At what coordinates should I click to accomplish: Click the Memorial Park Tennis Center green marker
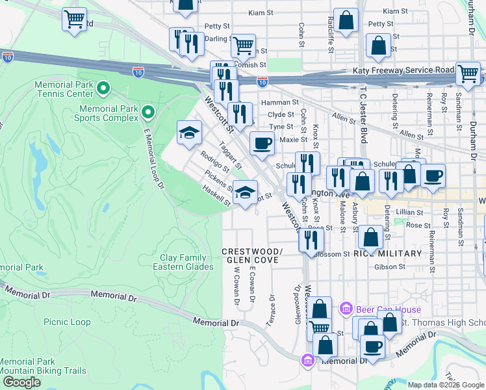(103, 87)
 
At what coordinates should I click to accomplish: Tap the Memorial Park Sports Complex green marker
(148, 113)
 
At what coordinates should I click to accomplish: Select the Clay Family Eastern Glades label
(183, 262)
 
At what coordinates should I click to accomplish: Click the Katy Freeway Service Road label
(403, 70)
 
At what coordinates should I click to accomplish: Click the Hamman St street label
(279, 103)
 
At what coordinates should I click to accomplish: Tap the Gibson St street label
(389, 266)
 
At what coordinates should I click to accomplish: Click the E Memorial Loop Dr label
(152, 160)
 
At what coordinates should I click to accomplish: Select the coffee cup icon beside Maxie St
(262, 144)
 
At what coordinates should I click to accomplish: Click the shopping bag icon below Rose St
(370, 238)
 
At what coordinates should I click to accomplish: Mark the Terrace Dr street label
(271, 311)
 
